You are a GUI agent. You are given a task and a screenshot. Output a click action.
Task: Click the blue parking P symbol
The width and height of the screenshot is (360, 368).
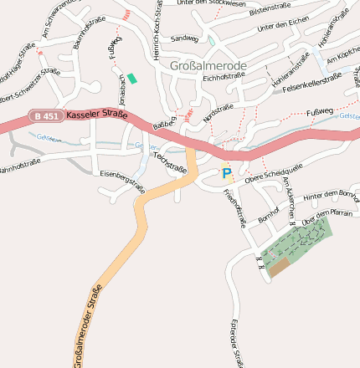point(226,173)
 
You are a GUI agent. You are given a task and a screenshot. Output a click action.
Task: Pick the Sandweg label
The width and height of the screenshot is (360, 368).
point(184,38)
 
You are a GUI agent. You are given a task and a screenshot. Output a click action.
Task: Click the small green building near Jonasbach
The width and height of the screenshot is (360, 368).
point(131,78)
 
